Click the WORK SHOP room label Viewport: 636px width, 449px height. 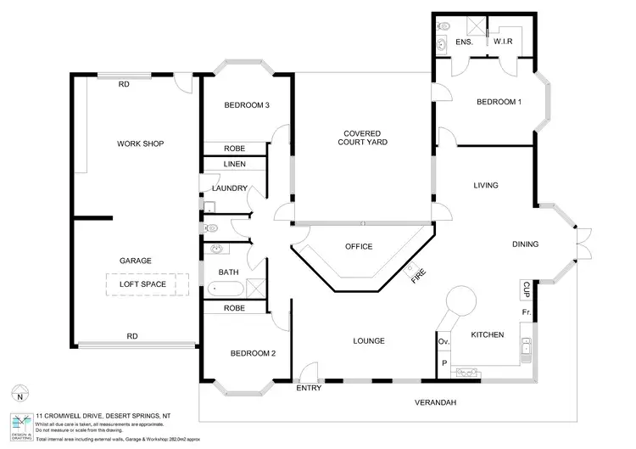[140, 143]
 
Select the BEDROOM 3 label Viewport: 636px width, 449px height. [247, 105]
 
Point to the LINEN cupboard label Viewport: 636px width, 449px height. [235, 164]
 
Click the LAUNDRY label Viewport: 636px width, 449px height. [230, 188]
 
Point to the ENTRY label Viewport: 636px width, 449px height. [308, 389]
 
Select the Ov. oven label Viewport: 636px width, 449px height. [443, 341]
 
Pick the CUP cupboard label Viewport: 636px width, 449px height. [527, 289]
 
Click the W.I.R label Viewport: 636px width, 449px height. [505, 42]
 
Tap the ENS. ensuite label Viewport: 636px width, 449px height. [464, 42]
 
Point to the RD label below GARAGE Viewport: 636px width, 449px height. [132, 336]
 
